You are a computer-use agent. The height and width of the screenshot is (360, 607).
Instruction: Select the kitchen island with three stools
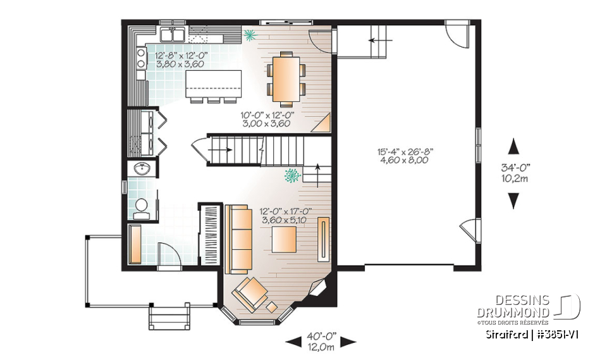tap(214, 84)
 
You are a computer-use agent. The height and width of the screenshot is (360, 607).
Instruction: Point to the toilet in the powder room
tap(142, 207)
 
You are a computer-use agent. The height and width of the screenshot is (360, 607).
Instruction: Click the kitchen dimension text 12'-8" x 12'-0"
tap(181, 59)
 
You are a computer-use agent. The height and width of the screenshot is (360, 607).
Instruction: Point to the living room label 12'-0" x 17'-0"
tap(286, 215)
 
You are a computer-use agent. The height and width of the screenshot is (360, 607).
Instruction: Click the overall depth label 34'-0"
tap(515, 173)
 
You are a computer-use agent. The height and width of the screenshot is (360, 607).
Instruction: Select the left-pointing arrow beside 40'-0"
tap(293, 342)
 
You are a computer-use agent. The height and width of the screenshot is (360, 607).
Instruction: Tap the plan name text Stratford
tap(506, 333)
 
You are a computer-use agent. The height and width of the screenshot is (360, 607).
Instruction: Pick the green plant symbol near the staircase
tap(293, 174)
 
